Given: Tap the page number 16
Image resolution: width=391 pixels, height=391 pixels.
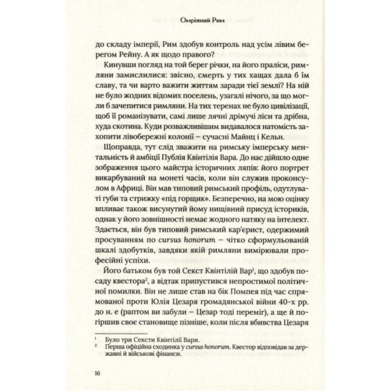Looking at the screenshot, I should pyautogui.click(x=97, y=373).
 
